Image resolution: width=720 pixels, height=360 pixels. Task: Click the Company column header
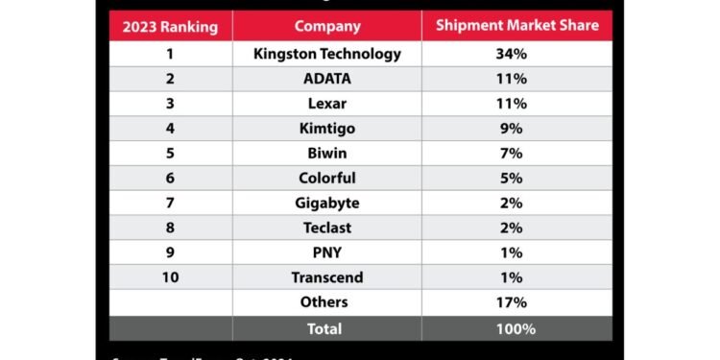pyautogui.click(x=327, y=26)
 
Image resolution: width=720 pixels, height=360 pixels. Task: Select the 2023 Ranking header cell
pyautogui.click(x=170, y=26)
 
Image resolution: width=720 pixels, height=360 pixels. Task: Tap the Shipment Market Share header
pyautogui.click(x=516, y=26)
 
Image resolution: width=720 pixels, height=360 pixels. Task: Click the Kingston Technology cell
pyautogui.click(x=327, y=54)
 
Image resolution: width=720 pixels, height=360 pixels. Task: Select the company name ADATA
pyautogui.click(x=327, y=79)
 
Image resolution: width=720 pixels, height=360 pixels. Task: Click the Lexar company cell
pyautogui.click(x=327, y=104)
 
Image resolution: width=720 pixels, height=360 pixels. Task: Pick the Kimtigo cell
pyautogui.click(x=327, y=129)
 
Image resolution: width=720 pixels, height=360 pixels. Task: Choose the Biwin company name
pyautogui.click(x=327, y=154)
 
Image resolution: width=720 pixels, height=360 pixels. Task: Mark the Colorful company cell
pyautogui.click(x=327, y=178)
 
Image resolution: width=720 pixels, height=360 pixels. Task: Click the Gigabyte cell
pyautogui.click(x=327, y=203)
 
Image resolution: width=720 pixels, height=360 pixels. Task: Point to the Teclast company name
pyautogui.click(x=327, y=228)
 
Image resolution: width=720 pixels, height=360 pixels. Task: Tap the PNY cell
pyautogui.click(x=327, y=252)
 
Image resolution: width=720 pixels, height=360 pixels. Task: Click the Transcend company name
pyautogui.click(x=327, y=277)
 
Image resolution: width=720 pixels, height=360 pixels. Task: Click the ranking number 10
pyautogui.click(x=170, y=277)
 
